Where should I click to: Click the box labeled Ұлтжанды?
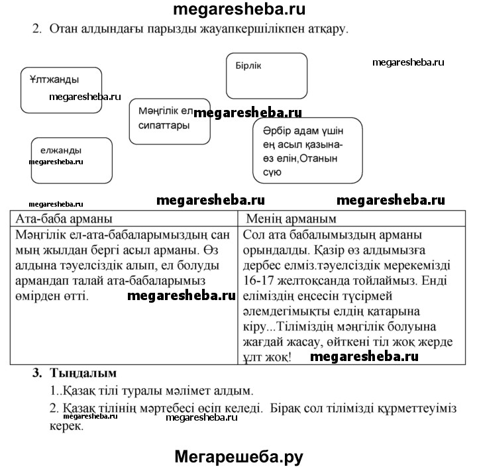61,89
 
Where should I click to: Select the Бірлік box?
266,76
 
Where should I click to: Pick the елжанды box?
70,160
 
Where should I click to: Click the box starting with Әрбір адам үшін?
307,150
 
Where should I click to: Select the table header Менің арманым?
291,219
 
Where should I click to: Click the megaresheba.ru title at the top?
238,9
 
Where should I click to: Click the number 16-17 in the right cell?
259,280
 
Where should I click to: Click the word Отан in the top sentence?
64,29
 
